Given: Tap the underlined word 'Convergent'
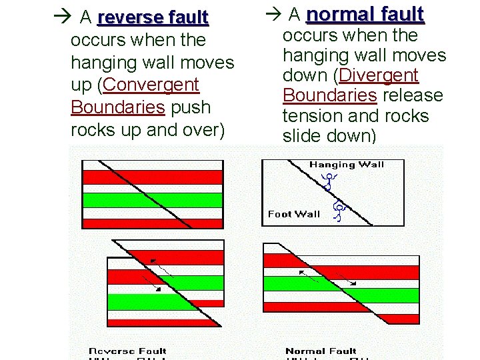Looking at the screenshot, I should point(151,85).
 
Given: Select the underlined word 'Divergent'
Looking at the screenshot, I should point(379,75).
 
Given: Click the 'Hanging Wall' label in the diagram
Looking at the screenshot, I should point(347,165).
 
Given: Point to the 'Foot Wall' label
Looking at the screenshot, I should point(293,214).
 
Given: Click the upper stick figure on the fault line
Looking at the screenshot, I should point(328,181).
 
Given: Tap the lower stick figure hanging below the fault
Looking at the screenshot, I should point(338,211).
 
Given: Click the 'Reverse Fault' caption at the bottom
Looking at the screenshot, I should point(127,351).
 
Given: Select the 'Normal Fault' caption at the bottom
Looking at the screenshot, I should point(321,351).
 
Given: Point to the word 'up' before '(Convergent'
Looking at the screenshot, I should point(83,85).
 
